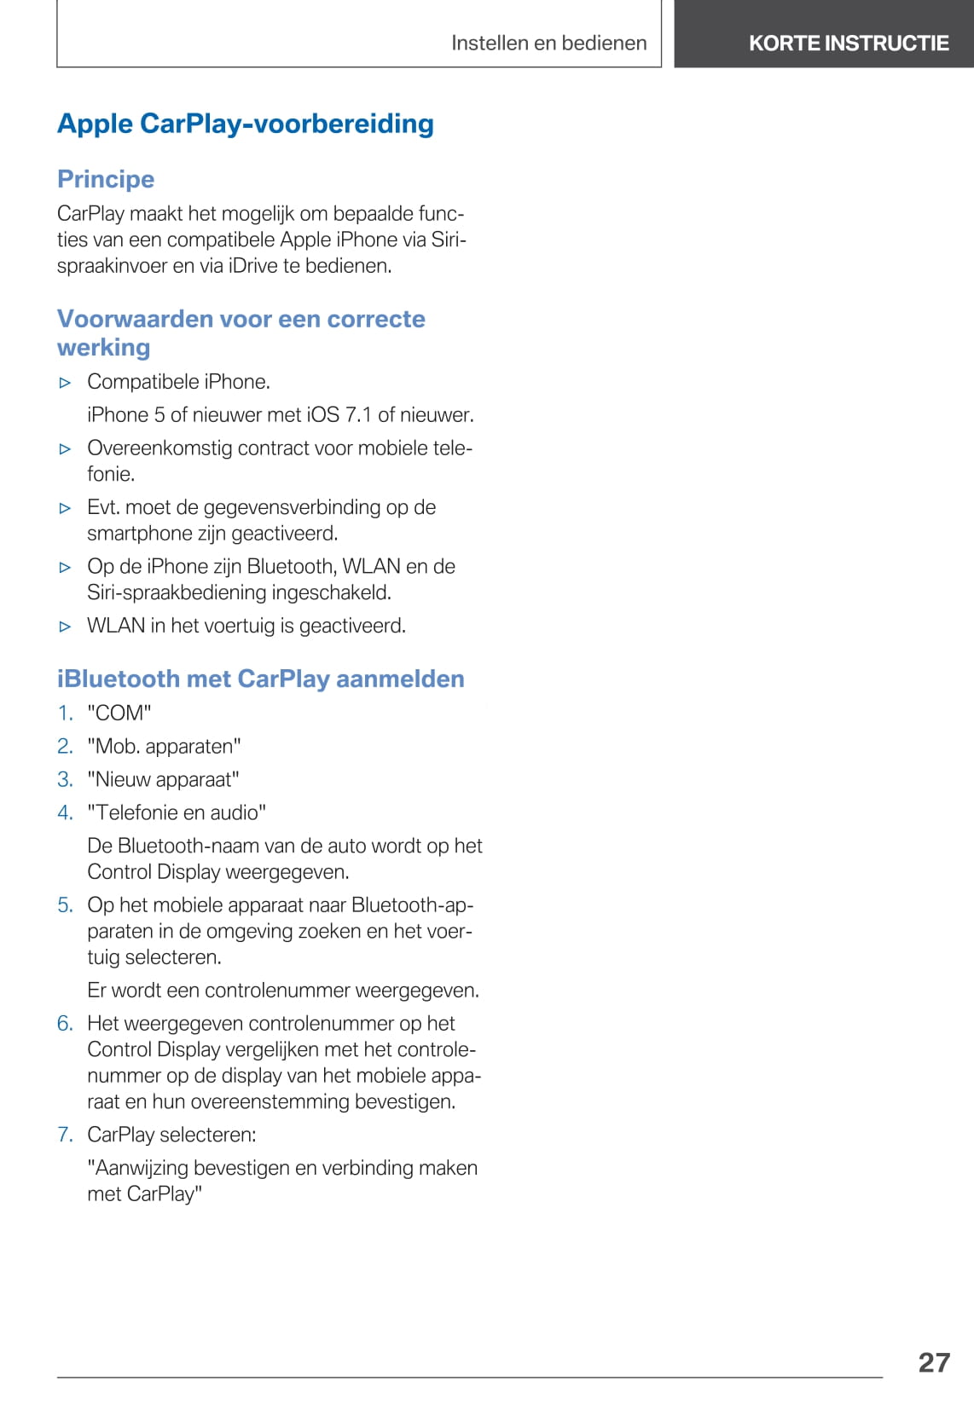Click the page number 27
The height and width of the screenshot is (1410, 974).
pos(934,1361)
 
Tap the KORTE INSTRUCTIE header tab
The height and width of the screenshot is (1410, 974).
pos(849,43)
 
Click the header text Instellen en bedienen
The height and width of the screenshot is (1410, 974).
pos(548,43)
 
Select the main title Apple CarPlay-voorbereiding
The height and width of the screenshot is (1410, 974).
pos(246,124)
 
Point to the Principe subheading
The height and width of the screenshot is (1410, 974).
pos(106,179)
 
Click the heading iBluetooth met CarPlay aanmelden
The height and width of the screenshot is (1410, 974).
pos(261,679)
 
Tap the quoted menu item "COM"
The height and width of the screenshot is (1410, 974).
pos(119,713)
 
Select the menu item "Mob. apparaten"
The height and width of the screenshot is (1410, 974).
pos(164,746)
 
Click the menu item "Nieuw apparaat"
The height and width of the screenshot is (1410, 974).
pos(163,779)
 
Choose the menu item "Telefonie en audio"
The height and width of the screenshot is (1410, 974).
pos(177,812)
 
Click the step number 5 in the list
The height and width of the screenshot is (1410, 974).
pos(65,904)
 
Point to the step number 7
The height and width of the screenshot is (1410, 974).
pos(65,1135)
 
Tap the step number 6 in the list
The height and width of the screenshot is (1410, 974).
pos(65,1023)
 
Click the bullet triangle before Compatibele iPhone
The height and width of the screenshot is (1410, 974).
pos(65,383)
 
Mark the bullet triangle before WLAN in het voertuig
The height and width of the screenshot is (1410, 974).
pos(65,627)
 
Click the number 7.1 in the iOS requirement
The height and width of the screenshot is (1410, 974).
pos(358,415)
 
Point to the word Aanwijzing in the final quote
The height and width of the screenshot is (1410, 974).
pos(140,1168)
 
